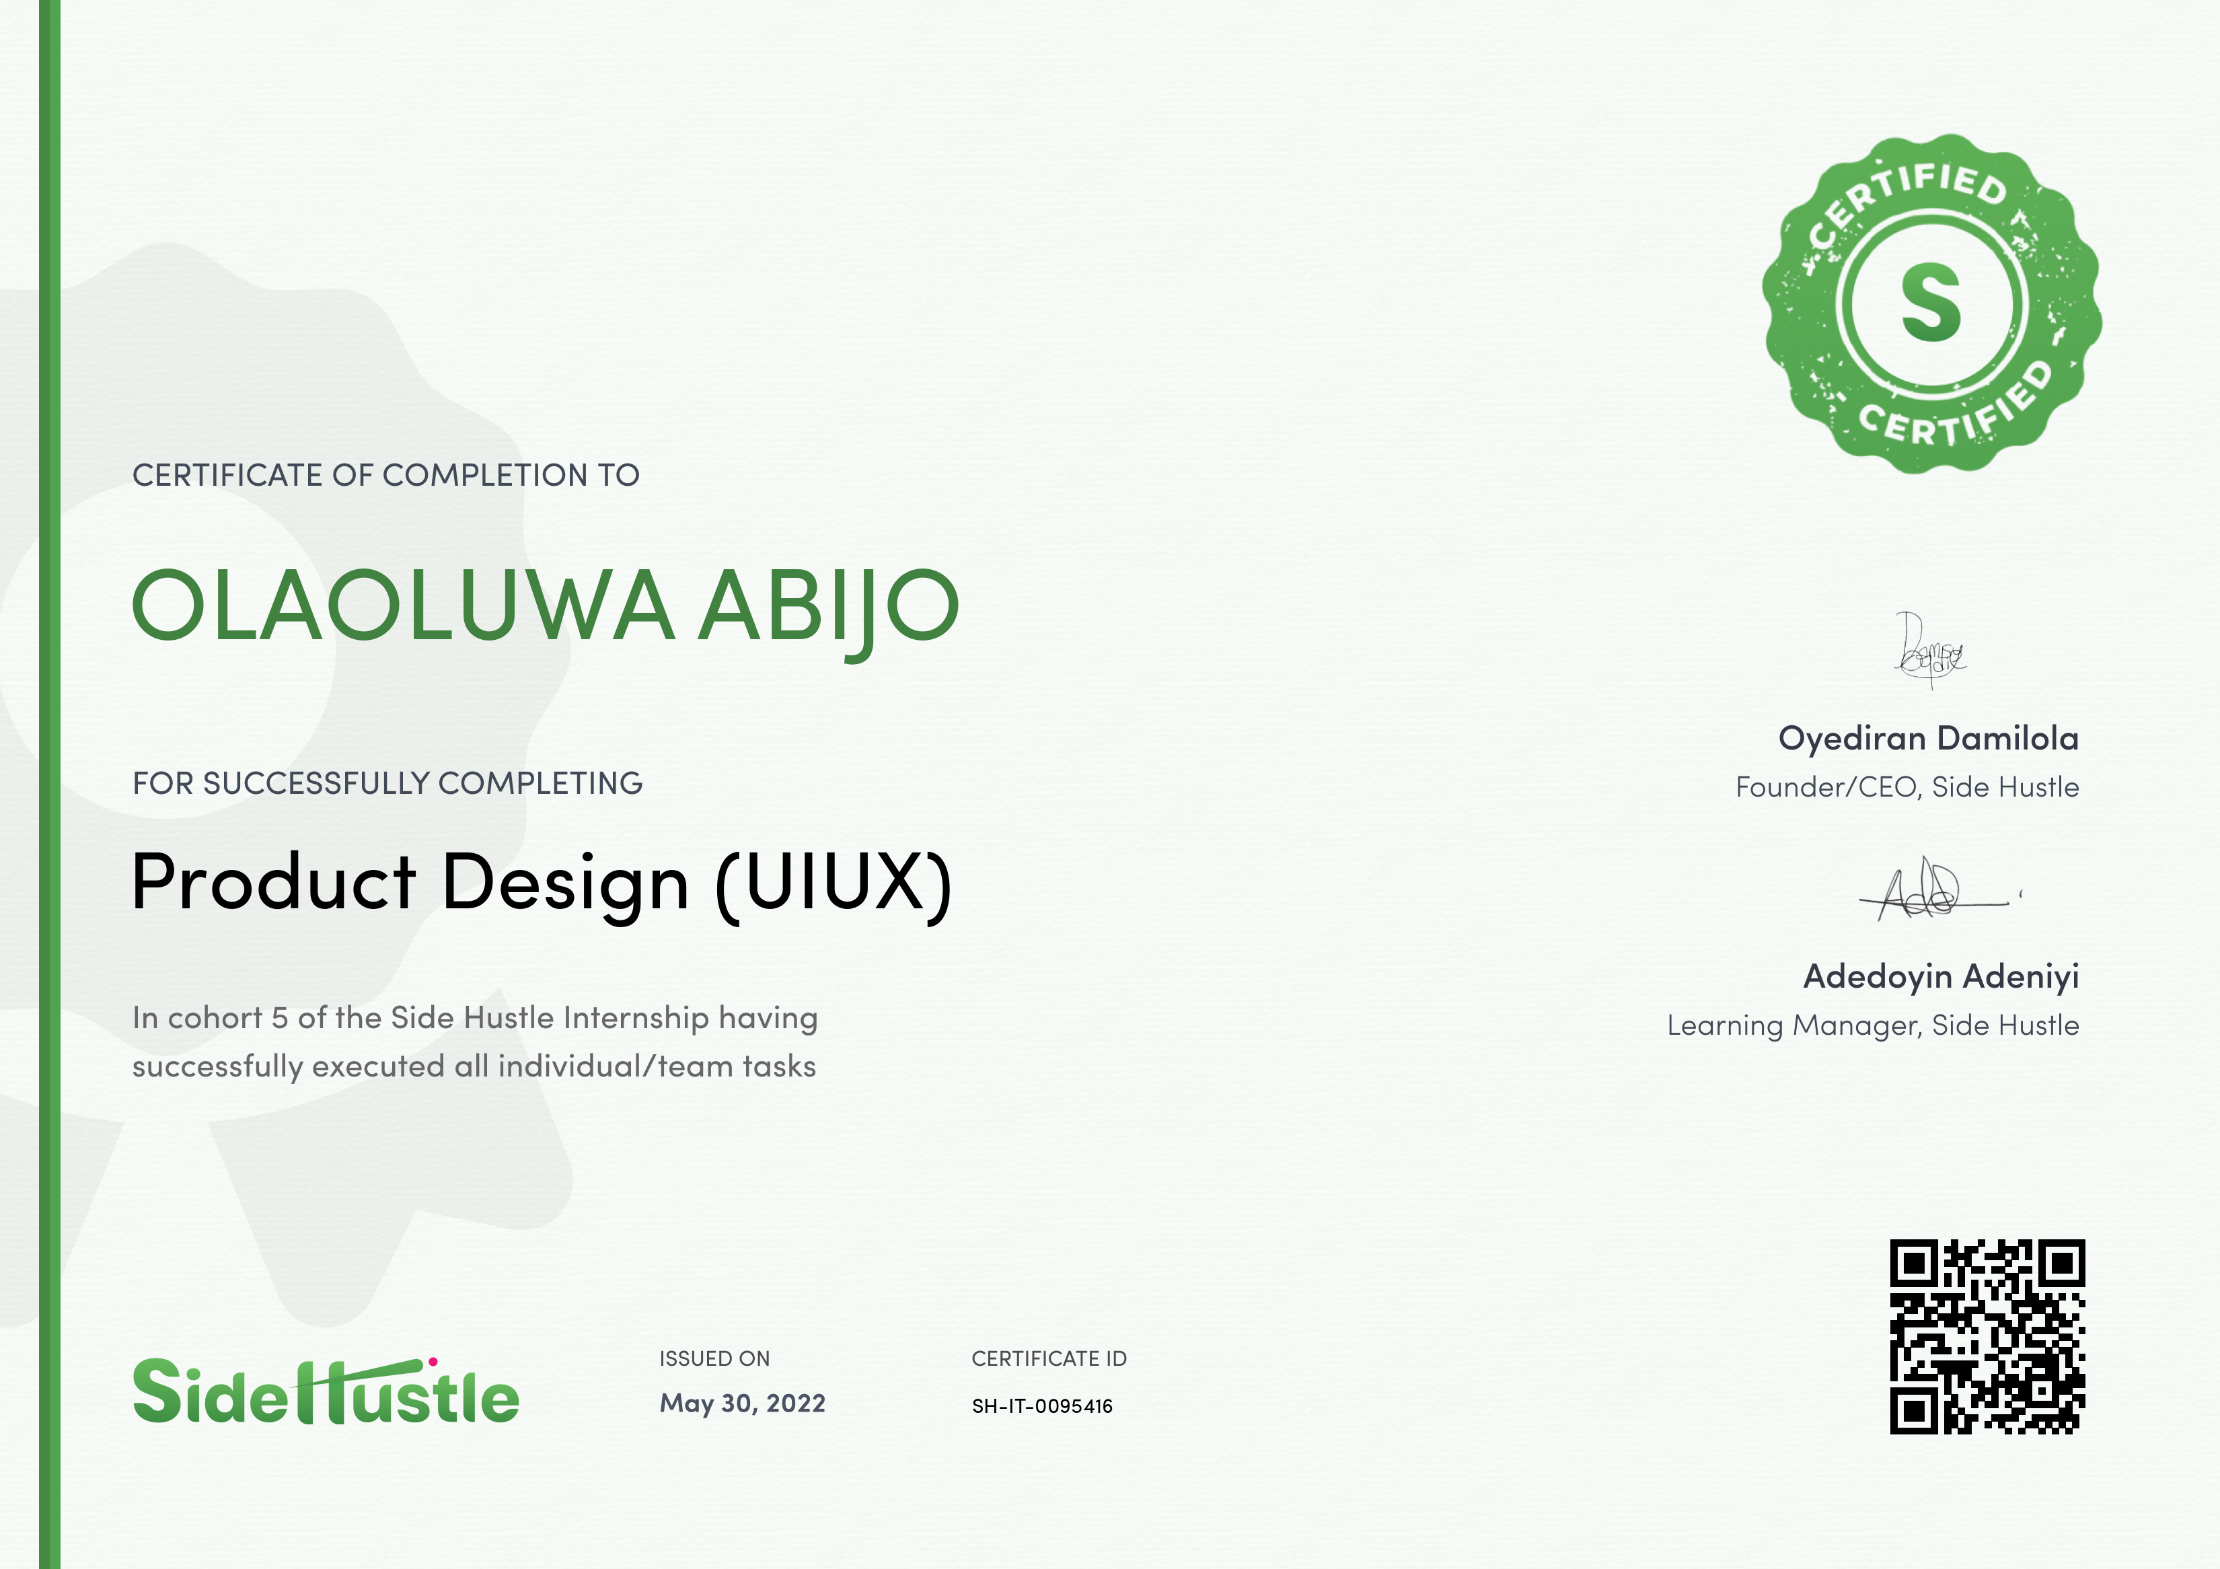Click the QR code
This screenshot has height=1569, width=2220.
1987,1336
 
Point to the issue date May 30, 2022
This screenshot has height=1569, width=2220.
743,1403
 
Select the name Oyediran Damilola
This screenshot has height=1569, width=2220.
1929,739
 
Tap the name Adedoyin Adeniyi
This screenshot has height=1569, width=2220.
1941,976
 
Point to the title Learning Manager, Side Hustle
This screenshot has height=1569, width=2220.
1873,1025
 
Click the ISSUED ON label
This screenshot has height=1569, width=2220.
714,1358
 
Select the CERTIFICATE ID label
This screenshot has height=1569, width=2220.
1049,1358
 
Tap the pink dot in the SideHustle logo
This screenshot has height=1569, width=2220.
433,1361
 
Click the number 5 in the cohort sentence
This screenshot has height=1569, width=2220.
279,1018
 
